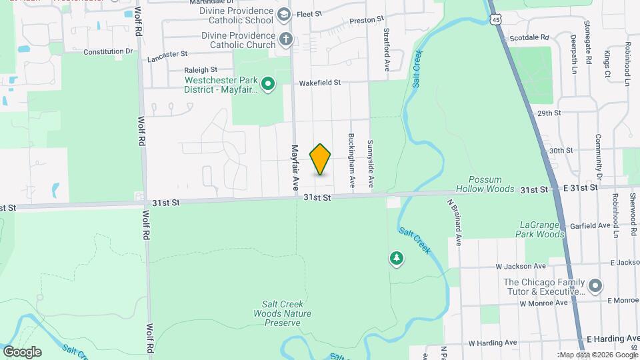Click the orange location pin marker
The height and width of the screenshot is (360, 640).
pos(321,159)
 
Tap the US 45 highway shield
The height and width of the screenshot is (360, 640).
pos(495,20)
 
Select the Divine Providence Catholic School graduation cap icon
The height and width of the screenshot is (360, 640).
pos(284,14)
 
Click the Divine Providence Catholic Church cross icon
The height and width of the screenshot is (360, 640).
pos(286,39)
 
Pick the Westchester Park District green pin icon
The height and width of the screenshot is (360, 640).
pos(268,84)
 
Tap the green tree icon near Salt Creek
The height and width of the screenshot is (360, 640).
pos(397,258)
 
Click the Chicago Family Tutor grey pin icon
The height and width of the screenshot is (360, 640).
pos(595,286)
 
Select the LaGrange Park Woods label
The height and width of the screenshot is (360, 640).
pos(540,229)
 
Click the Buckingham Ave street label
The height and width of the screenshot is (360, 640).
pos(351,159)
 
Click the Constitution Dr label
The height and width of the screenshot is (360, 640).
pos(109,51)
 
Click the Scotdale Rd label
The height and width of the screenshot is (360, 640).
pos(529,38)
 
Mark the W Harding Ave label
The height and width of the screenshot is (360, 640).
pos(492,343)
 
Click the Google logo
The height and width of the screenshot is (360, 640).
pos(22,351)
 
